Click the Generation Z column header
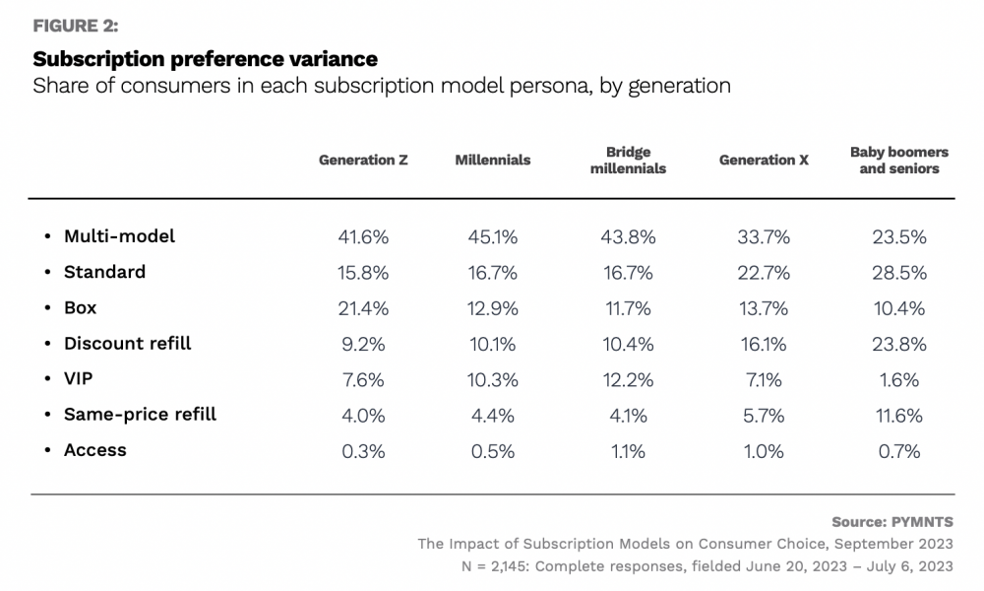tap(363, 160)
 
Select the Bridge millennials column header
tap(628, 161)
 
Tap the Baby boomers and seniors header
tap(898, 161)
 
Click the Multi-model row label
tap(119, 236)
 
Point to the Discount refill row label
tap(127, 344)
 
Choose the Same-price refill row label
tap(140, 415)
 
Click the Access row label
tap(94, 450)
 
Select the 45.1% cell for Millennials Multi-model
tap(492, 237)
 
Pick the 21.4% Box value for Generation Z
tap(363, 308)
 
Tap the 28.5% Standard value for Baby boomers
tap(898, 273)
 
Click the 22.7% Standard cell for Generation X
tap(764, 273)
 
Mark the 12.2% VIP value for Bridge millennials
tap(628, 379)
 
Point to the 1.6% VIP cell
tap(898, 379)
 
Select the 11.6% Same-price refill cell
tap(898, 416)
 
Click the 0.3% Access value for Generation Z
tap(363, 451)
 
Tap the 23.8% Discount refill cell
tap(898, 344)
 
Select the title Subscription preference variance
tap(205, 59)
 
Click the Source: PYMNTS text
tap(892, 522)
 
